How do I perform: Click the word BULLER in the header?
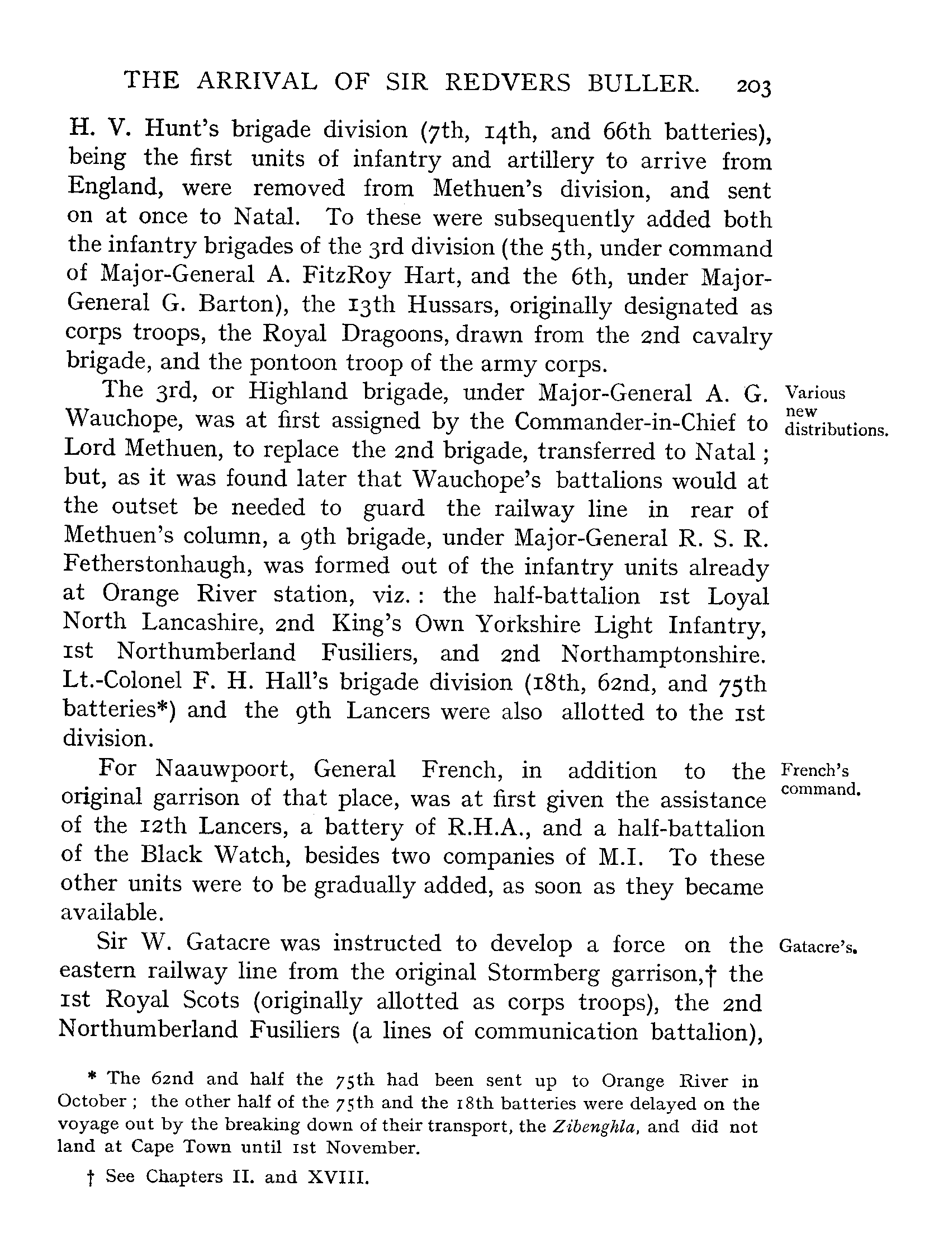point(643,83)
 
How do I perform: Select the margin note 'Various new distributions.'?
point(836,412)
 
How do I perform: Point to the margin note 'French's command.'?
point(820,780)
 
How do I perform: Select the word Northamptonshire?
point(663,655)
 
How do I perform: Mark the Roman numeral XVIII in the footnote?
point(338,1176)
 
